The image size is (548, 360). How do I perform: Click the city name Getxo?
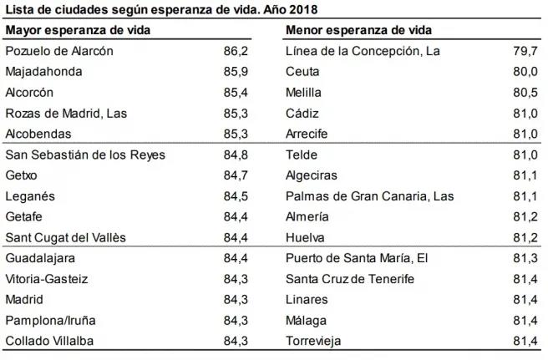(22, 175)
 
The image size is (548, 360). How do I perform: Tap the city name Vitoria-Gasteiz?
(47, 279)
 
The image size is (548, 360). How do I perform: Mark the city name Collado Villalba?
(49, 341)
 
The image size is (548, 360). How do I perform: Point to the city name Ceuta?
(303, 72)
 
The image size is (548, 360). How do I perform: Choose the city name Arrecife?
(307, 134)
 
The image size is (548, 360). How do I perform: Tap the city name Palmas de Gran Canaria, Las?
(370, 196)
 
